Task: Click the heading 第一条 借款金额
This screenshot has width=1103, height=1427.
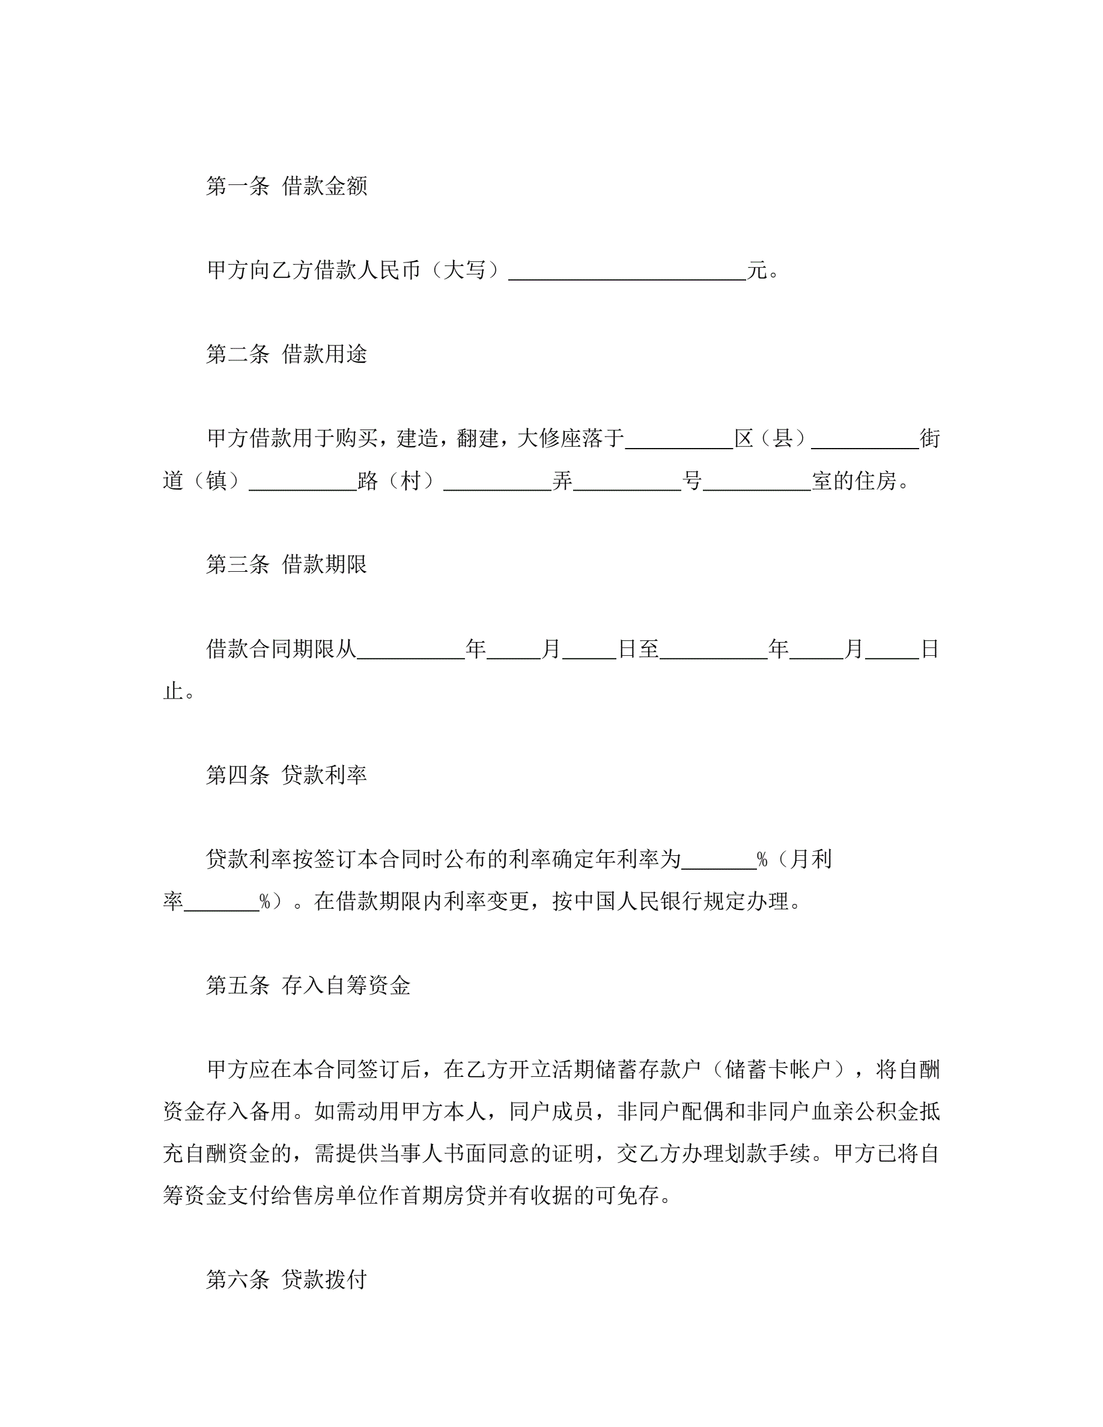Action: pyautogui.click(x=286, y=186)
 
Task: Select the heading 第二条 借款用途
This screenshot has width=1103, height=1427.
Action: pyautogui.click(x=286, y=354)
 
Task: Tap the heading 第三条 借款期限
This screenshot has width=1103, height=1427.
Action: pyautogui.click(x=286, y=564)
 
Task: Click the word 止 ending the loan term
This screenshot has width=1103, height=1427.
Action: pyautogui.click(x=172, y=691)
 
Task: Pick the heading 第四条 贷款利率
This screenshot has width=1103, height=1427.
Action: pyautogui.click(x=286, y=775)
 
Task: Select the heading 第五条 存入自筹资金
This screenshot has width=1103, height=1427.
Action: pyautogui.click(x=308, y=986)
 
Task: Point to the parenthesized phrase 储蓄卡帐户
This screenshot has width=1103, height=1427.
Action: pyautogui.click(x=777, y=1070)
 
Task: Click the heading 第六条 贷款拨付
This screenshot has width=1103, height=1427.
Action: pyautogui.click(x=286, y=1279)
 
